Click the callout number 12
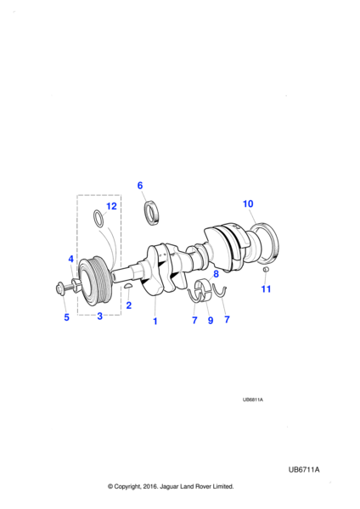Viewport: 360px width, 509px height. click(111, 206)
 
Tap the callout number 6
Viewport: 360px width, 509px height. click(140, 185)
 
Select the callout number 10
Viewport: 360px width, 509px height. click(248, 204)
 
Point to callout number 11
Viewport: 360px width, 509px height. click(266, 289)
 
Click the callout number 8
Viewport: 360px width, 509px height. click(216, 274)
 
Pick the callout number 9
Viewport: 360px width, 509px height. click(211, 321)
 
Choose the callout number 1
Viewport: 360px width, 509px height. click(155, 321)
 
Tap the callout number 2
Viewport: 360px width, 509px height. click(129, 305)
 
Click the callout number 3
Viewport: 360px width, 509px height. click(99, 316)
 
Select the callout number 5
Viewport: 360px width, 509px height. click(66, 317)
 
